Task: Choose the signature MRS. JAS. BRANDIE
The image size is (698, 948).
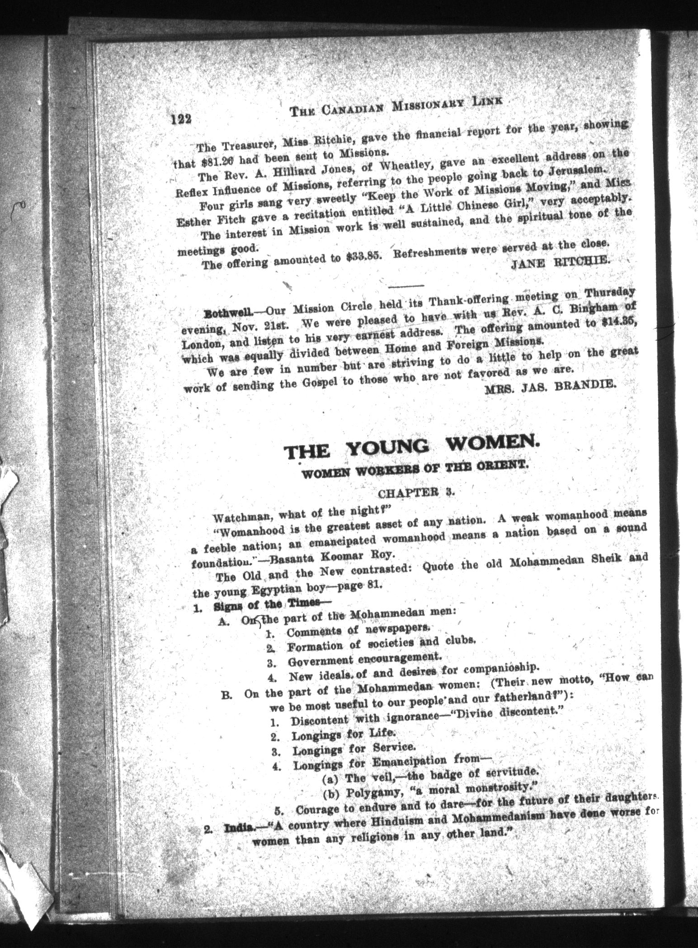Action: pos(549,385)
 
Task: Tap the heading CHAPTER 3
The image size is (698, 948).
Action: pos(415,493)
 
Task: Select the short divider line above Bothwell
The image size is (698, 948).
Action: pos(406,285)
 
